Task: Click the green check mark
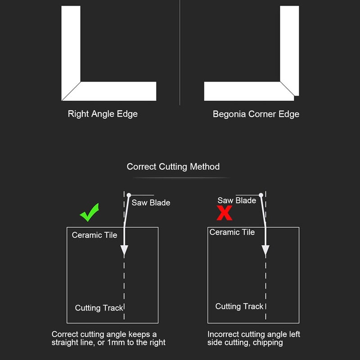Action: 89,212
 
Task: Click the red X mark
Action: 224,213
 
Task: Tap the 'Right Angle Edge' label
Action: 103,114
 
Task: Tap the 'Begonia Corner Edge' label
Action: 256,114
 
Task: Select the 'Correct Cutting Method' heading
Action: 173,166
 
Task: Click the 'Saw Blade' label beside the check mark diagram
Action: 151,203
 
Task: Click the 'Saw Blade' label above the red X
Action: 237,200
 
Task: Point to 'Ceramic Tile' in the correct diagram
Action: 94,235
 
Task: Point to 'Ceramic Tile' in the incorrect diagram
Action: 232,232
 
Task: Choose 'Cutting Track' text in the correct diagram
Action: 99,308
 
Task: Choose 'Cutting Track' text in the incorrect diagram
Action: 239,306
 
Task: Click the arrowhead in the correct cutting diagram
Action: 124,251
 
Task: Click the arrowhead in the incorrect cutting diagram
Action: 265,251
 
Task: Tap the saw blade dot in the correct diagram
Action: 129,195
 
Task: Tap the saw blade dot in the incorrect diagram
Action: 261,195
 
